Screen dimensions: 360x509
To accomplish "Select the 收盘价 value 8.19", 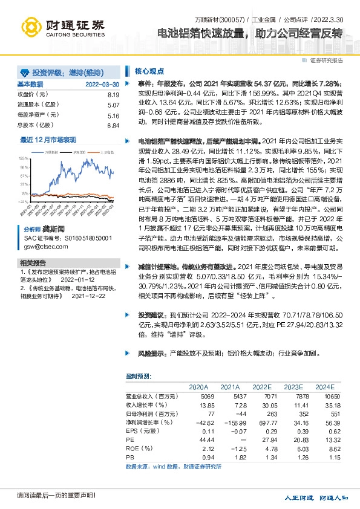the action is click(114, 95).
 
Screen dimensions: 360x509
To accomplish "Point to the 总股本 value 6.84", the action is click(114, 125).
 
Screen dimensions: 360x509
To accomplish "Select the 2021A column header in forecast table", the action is click(231, 386).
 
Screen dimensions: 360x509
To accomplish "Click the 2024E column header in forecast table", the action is click(324, 386).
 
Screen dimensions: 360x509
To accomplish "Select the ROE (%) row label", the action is click(137, 449).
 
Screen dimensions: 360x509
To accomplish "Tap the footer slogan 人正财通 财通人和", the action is click(317, 497).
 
